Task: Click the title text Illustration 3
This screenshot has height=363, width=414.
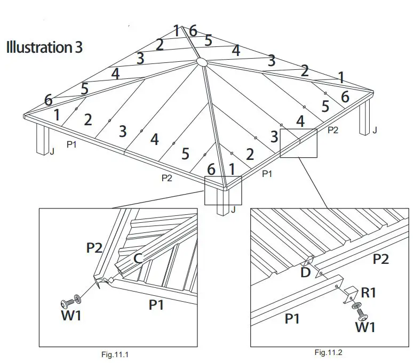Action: [44, 47]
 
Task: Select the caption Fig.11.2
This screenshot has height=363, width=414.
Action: [329, 352]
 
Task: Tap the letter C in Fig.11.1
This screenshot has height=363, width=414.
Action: [137, 259]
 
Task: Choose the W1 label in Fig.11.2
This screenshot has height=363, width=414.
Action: [365, 327]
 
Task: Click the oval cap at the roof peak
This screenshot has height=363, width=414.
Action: [202, 62]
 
